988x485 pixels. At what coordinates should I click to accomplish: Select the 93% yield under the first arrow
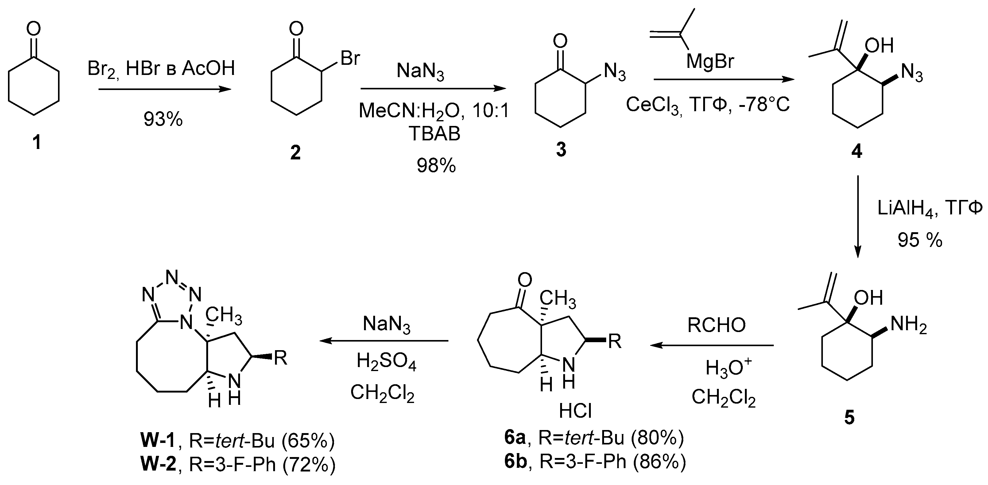coord(163,119)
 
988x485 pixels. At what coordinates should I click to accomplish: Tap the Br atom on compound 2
coord(350,59)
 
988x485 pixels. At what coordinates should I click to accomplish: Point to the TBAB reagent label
coord(435,134)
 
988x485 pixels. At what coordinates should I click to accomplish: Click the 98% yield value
coord(436,166)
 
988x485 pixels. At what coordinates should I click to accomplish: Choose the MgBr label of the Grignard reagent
coord(710,61)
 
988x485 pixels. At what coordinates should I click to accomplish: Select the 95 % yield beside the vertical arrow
coord(920,241)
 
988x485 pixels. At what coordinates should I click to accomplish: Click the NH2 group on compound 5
coord(908,325)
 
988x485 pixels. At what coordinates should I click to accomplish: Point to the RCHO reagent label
coord(716,325)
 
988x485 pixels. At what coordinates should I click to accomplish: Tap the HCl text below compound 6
coord(575,411)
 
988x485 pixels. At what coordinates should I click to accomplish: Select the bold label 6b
coord(515,462)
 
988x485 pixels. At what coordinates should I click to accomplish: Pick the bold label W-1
coord(157,441)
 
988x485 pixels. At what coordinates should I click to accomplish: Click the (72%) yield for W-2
coord(309,465)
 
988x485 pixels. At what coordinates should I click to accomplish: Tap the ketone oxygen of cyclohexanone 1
coord(34,29)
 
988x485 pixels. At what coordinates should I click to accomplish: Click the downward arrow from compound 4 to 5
coord(857,217)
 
